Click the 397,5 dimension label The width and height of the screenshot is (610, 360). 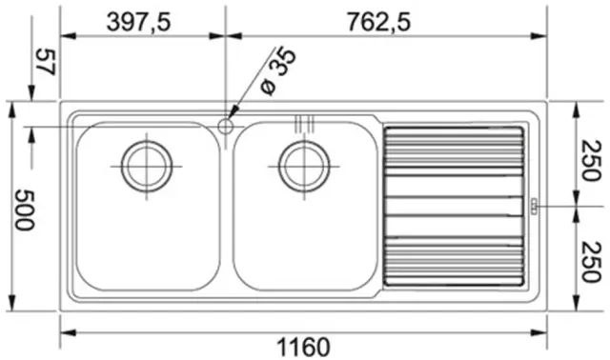coord(138,22)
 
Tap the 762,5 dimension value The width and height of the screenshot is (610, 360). coord(378,22)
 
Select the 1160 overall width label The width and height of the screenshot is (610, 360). coord(303,347)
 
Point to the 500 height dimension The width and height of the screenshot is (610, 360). coord(24,210)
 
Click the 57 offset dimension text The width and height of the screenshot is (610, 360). coord(46,62)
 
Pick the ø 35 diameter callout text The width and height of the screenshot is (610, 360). coord(278,72)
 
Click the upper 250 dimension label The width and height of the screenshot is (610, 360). coord(591,161)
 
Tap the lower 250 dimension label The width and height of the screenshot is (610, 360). coord(591,261)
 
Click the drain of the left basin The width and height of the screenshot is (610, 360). coord(147,167)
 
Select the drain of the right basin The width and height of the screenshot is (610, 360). coord(304,167)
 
